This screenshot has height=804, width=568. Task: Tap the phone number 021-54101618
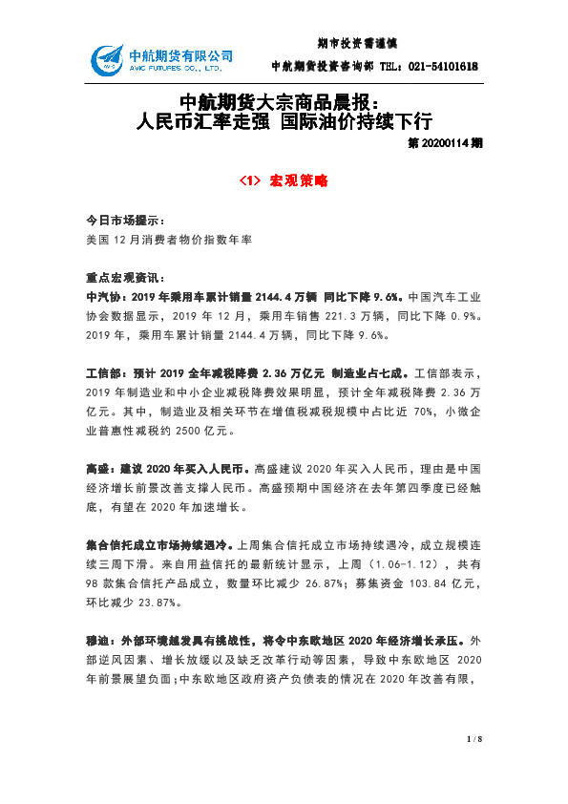click(x=440, y=67)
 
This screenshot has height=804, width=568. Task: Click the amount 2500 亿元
click(x=199, y=432)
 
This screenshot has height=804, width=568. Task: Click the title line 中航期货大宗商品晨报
click(x=280, y=103)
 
